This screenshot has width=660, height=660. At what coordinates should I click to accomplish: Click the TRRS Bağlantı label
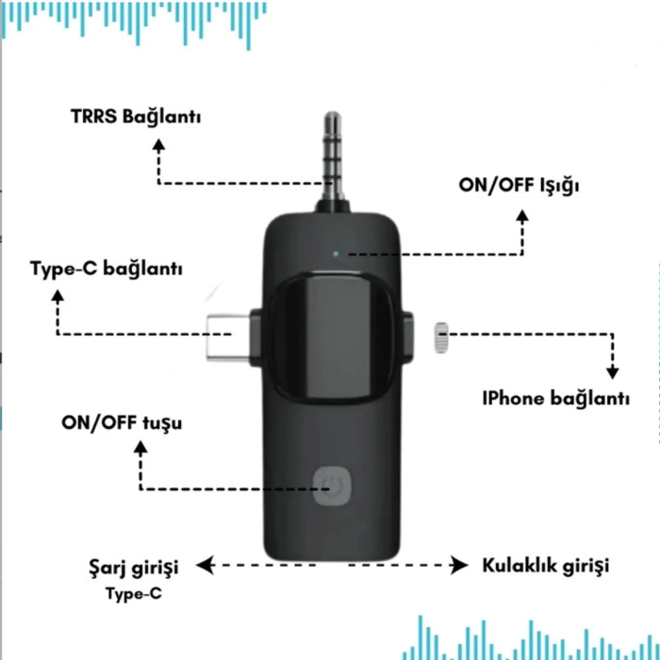tap(136, 120)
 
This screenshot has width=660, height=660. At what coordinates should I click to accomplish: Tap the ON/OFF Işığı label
tap(520, 185)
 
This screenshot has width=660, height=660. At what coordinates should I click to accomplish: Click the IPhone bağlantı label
tap(555, 398)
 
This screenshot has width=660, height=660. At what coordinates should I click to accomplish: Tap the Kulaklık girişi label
tap(545, 566)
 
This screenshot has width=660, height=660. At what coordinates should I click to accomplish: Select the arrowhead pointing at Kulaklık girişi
tap(460, 566)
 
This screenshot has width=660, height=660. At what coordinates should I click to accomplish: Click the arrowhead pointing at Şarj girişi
tap(203, 566)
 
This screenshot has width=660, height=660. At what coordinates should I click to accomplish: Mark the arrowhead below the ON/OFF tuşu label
tap(140, 449)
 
